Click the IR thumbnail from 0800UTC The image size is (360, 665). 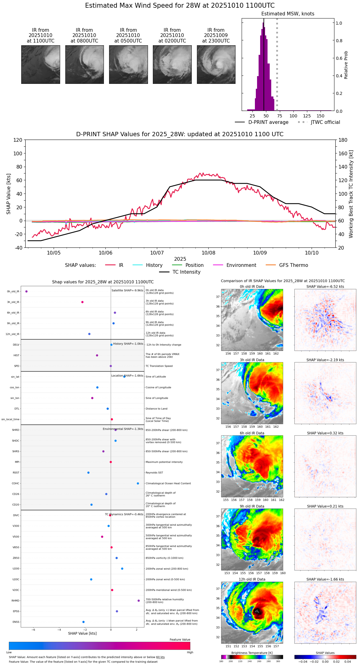click(x=84, y=64)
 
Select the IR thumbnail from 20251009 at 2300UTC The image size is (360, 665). click(x=216, y=64)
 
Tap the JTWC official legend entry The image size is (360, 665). click(x=325, y=122)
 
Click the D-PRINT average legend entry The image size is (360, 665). click(x=268, y=122)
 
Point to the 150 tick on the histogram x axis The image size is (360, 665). click(x=321, y=116)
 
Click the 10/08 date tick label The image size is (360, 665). click(x=208, y=253)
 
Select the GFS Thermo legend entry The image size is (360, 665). click(x=293, y=265)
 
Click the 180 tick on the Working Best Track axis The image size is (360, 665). click(x=343, y=140)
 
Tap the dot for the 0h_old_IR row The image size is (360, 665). click(x=27, y=291)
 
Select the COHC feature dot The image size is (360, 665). click(x=138, y=483)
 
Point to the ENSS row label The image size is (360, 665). click(x=16, y=622)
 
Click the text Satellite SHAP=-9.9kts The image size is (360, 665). click(x=127, y=290)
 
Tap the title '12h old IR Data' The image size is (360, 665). click(x=252, y=579)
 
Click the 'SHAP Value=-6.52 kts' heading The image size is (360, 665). click(x=325, y=287)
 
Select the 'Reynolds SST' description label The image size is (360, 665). click(x=154, y=472)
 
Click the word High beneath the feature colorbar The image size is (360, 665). click(x=190, y=652)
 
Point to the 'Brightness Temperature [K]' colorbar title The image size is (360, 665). click(x=252, y=653)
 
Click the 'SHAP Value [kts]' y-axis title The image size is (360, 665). click(x=9, y=194)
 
